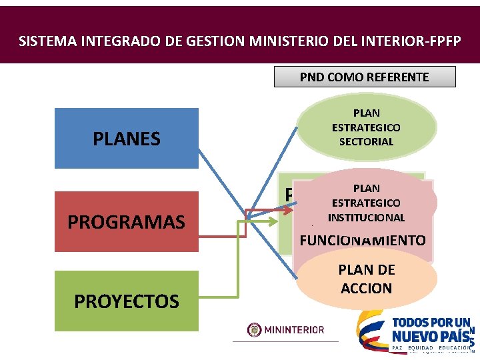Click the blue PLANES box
coord(127,139)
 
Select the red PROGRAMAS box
coord(127,222)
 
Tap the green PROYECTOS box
coord(127,301)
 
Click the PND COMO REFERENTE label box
coord(365,77)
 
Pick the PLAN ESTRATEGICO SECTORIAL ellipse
coord(366,127)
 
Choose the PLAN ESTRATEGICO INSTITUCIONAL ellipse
coord(366,203)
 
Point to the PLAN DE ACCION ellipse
coord(366,279)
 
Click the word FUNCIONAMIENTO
coord(363,240)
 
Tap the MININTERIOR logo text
coord(295,329)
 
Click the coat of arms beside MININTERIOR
coord(255,329)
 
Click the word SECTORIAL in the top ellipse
coord(366,141)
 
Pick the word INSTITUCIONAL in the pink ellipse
coord(366,217)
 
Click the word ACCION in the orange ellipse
coord(366,288)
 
